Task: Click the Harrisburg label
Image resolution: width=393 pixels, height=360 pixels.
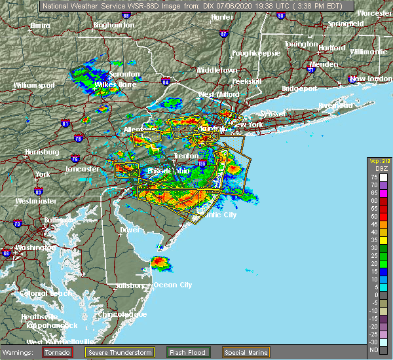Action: click(41, 152)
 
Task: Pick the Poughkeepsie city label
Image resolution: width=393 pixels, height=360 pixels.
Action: click(256, 52)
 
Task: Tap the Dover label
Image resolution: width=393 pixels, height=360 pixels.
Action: click(130, 230)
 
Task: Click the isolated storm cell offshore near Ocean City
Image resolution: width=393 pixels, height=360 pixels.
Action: click(160, 263)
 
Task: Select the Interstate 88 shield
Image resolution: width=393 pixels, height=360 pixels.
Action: click(124, 14)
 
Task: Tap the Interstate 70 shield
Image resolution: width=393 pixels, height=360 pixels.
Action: click(18, 224)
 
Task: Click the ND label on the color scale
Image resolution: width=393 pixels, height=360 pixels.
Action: click(373, 350)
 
